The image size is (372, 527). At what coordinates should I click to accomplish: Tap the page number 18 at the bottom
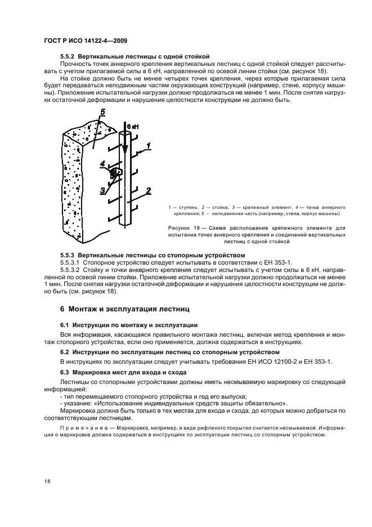tap(47, 480)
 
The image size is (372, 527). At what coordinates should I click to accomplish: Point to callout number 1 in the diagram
tap(148, 148)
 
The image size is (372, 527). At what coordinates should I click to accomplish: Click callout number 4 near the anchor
tap(102, 165)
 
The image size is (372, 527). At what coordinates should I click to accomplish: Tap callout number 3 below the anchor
tap(103, 190)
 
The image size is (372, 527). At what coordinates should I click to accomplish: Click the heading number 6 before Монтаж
tap(62, 309)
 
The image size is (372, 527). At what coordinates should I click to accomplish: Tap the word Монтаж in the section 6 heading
tap(86, 309)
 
